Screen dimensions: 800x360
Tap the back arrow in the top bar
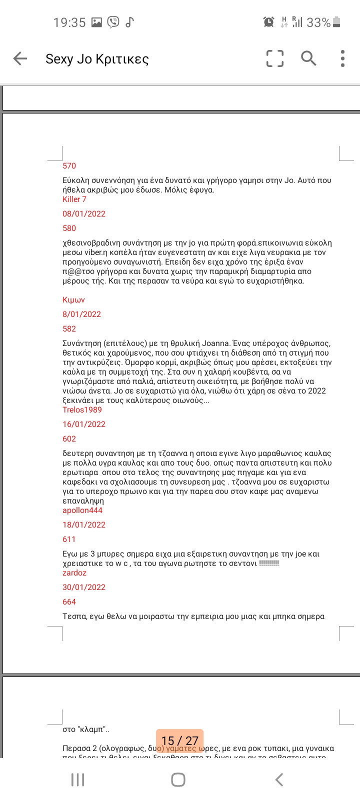pos(20,58)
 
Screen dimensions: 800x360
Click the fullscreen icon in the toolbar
pos(275,58)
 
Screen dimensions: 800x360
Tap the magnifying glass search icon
pos(308,58)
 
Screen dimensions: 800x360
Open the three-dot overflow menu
pos(342,58)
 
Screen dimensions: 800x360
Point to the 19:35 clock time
pos(69,22)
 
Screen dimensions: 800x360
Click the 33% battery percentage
pos(318,22)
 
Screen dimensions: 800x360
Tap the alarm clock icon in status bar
pos(268,22)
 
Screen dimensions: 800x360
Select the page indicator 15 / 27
pos(179,740)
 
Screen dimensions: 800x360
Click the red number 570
pos(69,166)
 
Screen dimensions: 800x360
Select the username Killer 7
pos(74,199)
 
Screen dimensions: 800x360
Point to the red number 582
pos(69,329)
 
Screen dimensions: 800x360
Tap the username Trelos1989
pos(82,410)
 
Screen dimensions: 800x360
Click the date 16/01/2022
pos(84,424)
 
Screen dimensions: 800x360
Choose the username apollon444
pos(82,510)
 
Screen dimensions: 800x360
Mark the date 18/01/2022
pos(84,525)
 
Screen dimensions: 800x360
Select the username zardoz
pos(74,573)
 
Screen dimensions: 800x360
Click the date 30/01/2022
pos(84,587)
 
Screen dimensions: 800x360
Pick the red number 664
pos(69,602)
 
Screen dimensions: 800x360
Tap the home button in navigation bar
pos(178,779)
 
